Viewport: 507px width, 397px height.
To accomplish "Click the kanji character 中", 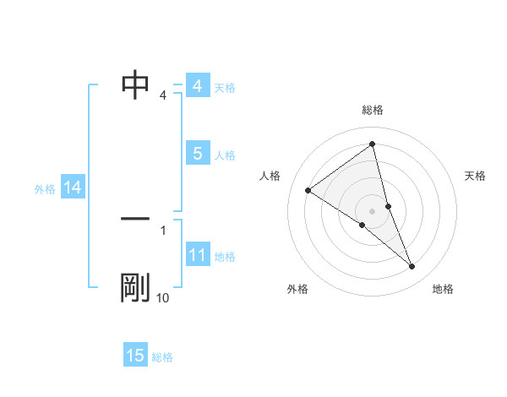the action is tap(135, 84).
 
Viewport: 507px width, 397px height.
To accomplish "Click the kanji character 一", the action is tap(135, 219).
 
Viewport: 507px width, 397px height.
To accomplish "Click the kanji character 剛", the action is tap(135, 288).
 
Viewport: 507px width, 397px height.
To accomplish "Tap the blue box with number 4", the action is tap(197, 86).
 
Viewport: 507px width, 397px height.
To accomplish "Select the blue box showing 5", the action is tap(197, 153).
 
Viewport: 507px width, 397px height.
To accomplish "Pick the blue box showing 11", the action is tap(197, 255).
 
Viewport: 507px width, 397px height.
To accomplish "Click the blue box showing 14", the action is tap(72, 188).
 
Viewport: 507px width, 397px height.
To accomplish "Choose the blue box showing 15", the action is tap(135, 356).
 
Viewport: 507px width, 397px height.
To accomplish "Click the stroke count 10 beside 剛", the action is tap(162, 298).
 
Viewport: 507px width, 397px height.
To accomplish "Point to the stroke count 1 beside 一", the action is tap(162, 229).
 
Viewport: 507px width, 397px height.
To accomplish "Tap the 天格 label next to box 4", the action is tap(225, 87).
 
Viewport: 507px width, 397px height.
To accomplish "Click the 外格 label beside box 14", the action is tap(45, 189).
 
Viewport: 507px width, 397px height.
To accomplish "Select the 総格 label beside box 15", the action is tap(162, 357).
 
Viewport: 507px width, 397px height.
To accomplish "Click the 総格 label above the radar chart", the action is tap(372, 110).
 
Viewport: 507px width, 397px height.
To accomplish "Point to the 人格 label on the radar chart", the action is tap(270, 176).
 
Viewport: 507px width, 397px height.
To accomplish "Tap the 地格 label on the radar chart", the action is tap(443, 290).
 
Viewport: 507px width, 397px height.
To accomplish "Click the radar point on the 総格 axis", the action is tap(372, 144).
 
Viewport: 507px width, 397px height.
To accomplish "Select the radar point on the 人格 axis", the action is tap(308, 190).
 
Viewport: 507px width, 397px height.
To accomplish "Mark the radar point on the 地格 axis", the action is tap(412, 267).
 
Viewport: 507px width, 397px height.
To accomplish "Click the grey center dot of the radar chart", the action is tap(372, 210).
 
